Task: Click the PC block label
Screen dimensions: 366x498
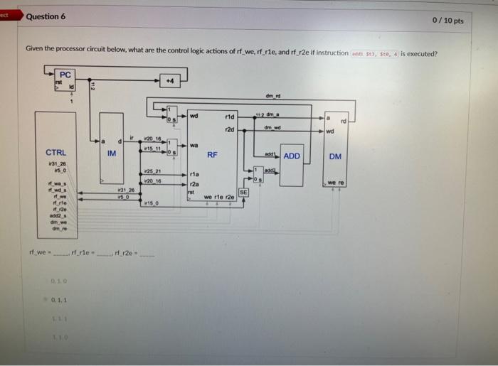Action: tap(65, 75)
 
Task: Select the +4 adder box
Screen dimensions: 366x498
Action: tap(169, 80)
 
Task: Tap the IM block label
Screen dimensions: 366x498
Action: tap(112, 153)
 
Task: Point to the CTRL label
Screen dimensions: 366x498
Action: tap(55, 153)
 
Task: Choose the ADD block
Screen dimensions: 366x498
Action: tap(292, 156)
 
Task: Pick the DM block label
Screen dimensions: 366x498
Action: tap(335, 156)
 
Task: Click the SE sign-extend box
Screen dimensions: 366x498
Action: tap(243, 193)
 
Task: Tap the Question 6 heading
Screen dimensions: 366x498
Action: tap(46, 16)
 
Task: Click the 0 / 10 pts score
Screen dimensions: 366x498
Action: tap(447, 21)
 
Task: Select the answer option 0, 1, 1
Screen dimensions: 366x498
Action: tap(59, 301)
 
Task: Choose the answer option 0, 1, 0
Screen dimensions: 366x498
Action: tap(59, 282)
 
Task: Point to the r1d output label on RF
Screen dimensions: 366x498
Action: tap(229, 117)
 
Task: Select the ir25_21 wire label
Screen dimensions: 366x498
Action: tap(152, 171)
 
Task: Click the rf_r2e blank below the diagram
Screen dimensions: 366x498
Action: tap(149, 255)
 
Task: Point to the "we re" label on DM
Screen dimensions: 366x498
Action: tap(336, 183)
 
